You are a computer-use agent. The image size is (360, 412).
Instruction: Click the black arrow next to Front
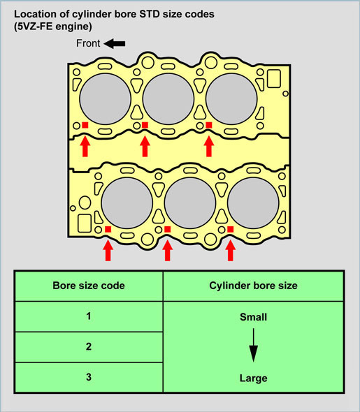[115, 43]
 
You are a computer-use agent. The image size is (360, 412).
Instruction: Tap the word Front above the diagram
[88, 43]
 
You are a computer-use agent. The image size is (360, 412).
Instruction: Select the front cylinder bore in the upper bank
[105, 99]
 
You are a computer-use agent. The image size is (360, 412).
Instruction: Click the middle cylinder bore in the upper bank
[168, 99]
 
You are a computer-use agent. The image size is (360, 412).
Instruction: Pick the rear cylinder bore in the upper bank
[231, 99]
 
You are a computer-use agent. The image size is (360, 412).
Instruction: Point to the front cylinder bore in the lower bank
[127, 203]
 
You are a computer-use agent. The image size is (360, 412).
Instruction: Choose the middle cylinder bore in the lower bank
[190, 203]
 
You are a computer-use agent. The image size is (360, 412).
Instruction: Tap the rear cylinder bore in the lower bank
[253, 203]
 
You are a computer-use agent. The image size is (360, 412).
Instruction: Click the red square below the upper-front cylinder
[85, 125]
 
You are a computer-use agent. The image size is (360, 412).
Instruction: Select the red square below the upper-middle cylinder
[145, 125]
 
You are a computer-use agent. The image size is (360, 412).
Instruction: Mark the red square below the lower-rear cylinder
[231, 229]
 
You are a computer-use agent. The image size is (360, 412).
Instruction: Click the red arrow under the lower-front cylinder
[108, 251]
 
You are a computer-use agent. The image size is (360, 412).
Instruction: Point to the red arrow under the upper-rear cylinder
[209, 146]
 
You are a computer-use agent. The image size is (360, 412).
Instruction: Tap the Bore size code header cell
[89, 286]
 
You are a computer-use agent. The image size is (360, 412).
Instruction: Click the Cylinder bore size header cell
[254, 286]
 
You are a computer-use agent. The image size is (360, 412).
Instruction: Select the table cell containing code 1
[89, 316]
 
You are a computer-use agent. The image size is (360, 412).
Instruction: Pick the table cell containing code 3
[89, 377]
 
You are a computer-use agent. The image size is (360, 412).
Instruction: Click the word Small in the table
[254, 317]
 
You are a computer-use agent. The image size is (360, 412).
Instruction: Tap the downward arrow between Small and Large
[254, 345]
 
